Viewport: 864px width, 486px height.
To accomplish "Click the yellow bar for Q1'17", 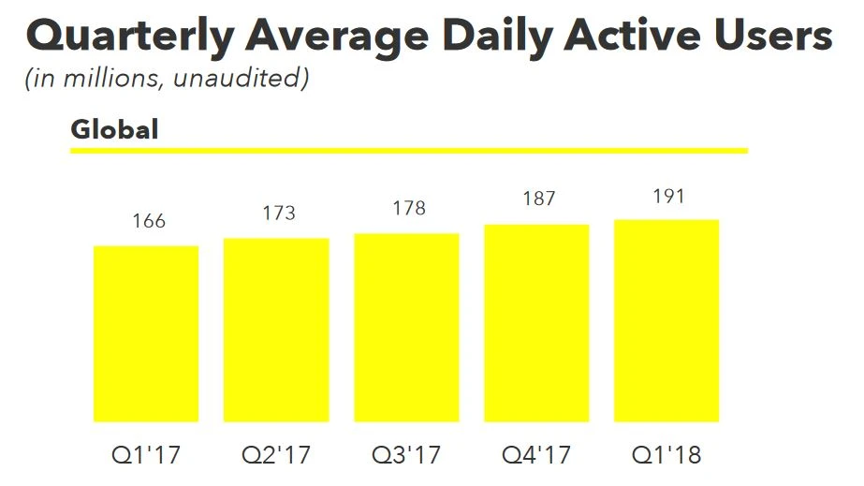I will click(x=146, y=333).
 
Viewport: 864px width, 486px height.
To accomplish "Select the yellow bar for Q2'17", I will click(x=276, y=330).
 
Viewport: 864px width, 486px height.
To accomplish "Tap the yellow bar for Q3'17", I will click(x=406, y=327).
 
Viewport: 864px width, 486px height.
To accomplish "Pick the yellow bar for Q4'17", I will click(x=536, y=323).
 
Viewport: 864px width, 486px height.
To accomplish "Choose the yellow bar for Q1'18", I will click(x=666, y=320).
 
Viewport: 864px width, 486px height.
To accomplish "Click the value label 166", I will click(x=149, y=221).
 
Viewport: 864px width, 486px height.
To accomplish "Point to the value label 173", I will click(x=279, y=213).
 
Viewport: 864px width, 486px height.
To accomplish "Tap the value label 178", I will click(x=409, y=208).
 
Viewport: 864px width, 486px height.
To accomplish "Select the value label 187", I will click(x=539, y=199).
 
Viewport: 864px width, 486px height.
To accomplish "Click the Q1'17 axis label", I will click(x=146, y=457).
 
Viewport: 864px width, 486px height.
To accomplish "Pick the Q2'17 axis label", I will click(x=276, y=457).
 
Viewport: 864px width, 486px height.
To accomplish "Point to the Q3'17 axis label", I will click(x=406, y=457).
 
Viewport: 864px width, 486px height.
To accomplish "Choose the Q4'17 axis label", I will click(x=536, y=457).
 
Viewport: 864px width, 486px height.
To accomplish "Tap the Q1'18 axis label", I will click(x=666, y=457).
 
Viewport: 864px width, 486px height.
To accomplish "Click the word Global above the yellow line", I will click(x=114, y=129).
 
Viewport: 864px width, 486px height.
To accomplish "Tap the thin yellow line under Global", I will click(x=409, y=150).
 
